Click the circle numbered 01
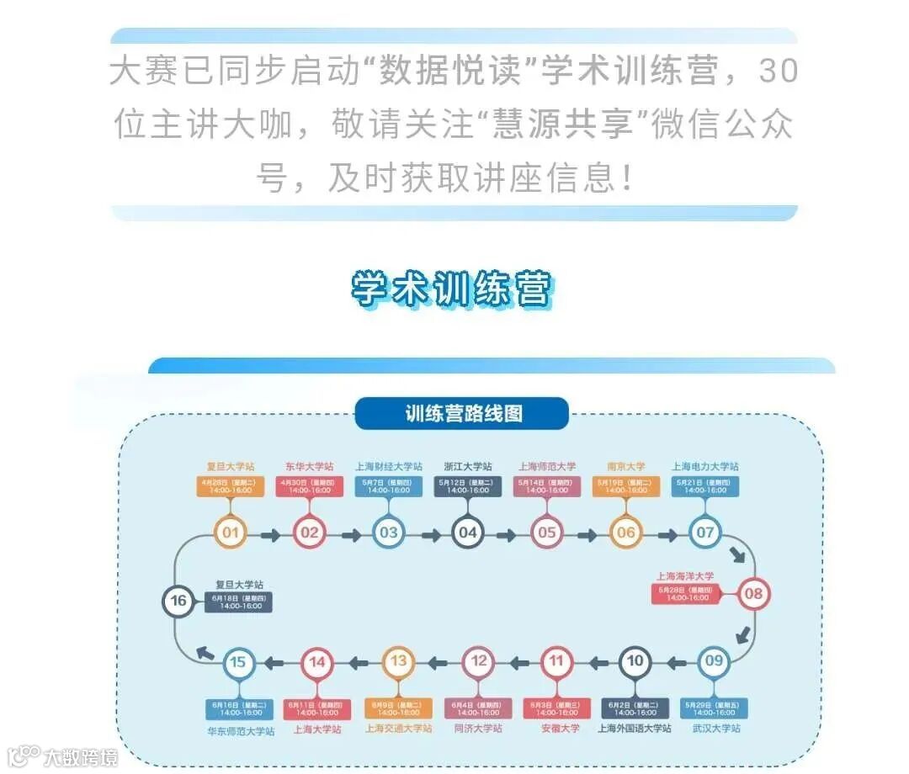point(231,533)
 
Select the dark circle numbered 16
point(178,601)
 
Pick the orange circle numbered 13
point(399,661)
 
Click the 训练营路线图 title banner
point(462,414)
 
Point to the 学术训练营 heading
point(452,289)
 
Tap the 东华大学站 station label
point(309,466)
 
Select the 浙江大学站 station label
point(468,466)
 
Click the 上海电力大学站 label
point(705,466)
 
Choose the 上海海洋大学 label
point(685,576)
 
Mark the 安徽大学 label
point(557,728)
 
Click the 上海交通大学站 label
point(398,728)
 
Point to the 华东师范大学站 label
point(241,731)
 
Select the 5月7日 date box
point(389,485)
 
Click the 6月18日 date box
point(239,602)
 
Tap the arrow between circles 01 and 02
point(270,533)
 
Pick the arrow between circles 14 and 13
point(358,663)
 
